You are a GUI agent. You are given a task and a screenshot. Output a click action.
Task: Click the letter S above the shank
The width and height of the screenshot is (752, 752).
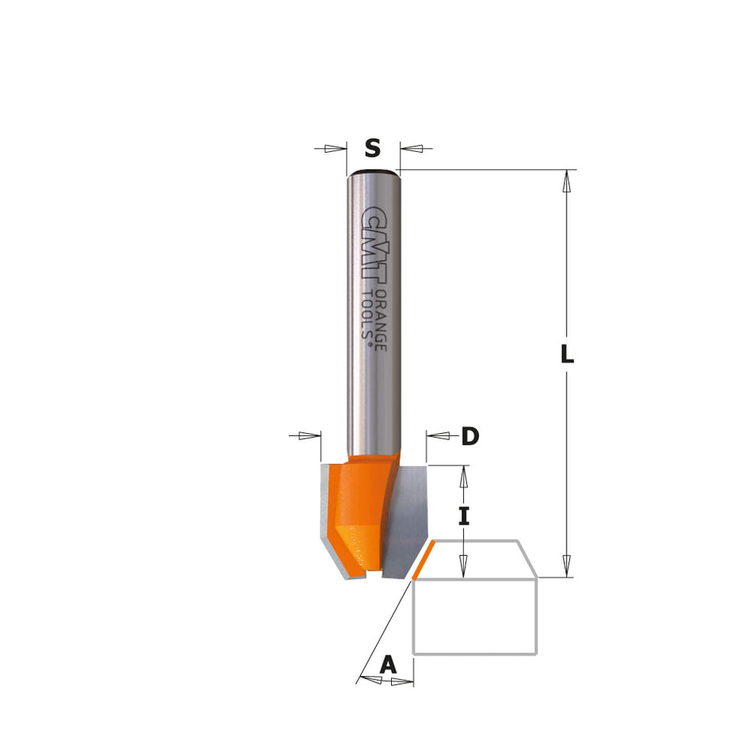[x=372, y=148]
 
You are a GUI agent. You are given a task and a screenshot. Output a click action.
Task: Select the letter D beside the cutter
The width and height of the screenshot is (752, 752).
[x=470, y=435]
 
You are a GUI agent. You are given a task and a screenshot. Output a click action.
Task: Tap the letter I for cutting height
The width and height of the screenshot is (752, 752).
[x=465, y=517]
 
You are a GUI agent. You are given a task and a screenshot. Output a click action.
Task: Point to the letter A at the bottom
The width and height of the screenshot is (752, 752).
[x=388, y=664]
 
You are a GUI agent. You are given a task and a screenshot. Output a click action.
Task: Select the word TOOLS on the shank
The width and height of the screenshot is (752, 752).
[x=368, y=316]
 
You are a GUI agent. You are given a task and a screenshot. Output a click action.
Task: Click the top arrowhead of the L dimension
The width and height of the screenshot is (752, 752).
[x=566, y=181]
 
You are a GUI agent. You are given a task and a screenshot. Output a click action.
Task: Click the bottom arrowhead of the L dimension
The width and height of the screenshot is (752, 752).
[x=566, y=565]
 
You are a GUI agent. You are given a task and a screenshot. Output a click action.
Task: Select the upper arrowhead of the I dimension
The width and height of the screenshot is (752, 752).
[x=465, y=476]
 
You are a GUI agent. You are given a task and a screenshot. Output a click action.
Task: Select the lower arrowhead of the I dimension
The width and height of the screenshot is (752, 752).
[x=465, y=566]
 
